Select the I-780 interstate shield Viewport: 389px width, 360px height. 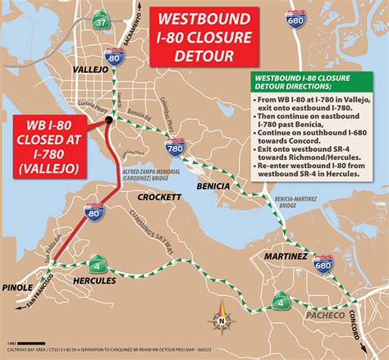[x=174, y=148]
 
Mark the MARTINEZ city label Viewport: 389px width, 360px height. [x=286, y=257]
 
